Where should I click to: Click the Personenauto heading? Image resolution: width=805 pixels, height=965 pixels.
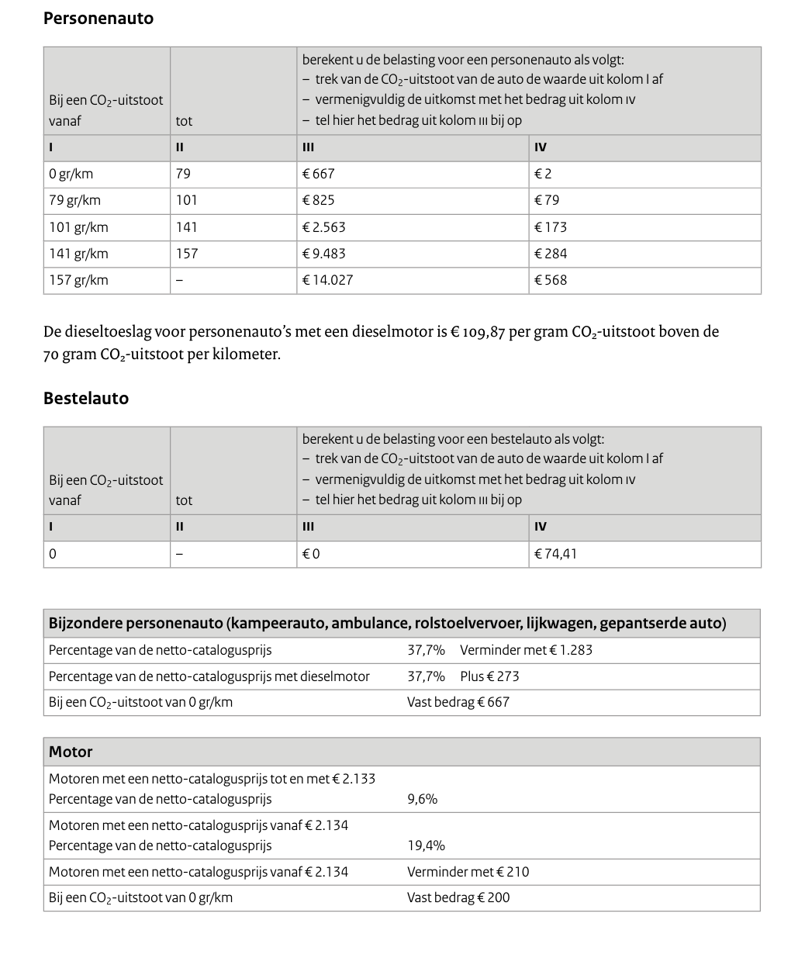pos(98,19)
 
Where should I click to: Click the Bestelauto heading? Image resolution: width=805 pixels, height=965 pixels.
pos(86,398)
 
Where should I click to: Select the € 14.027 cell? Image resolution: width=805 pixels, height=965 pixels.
pos(327,280)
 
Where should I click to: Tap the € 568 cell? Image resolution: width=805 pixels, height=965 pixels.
pos(551,280)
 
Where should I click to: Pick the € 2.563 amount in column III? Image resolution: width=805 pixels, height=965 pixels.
pos(324,227)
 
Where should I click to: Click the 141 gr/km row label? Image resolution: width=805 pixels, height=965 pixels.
pos(78,254)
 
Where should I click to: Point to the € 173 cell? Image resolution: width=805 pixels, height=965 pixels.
pos(551,227)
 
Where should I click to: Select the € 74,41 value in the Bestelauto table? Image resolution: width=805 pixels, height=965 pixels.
pos(555,554)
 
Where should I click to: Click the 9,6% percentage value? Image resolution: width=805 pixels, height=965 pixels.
pos(422,799)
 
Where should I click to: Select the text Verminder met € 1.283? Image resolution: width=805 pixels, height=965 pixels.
pos(526,650)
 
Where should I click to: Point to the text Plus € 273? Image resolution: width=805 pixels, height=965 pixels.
pos(489,676)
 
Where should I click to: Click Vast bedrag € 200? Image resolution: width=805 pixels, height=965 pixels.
pos(458,898)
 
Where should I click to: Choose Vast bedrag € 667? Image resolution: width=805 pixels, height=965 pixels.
pos(458,702)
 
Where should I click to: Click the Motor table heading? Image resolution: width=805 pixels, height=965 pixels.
pos(71,752)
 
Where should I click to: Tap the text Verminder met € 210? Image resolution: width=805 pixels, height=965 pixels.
pos(468,872)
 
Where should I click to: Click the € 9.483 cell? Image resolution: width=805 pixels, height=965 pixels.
pos(324,254)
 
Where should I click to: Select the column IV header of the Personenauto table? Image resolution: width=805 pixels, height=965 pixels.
pos(541,147)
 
